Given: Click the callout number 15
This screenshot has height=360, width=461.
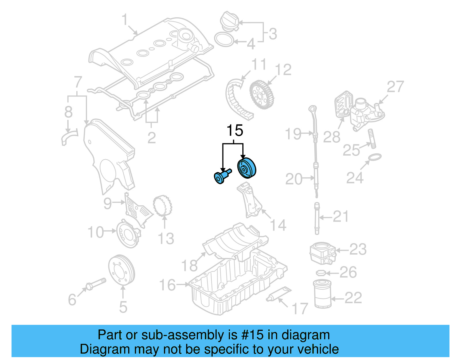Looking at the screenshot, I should click(235, 131).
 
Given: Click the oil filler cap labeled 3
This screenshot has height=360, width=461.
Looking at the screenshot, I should click(229, 21).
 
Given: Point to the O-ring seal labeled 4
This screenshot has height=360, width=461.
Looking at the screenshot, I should click(224, 39).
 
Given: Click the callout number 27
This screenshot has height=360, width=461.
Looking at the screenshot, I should click(395, 86).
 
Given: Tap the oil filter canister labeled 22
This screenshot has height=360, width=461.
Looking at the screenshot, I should click(322, 294).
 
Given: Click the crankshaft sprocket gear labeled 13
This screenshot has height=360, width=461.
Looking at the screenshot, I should click(163, 206).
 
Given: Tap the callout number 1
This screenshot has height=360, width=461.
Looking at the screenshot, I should click(124, 20).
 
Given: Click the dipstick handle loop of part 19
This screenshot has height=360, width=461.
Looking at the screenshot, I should click(312, 109).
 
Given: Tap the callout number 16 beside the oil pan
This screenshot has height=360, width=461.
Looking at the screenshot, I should click(167, 285).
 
